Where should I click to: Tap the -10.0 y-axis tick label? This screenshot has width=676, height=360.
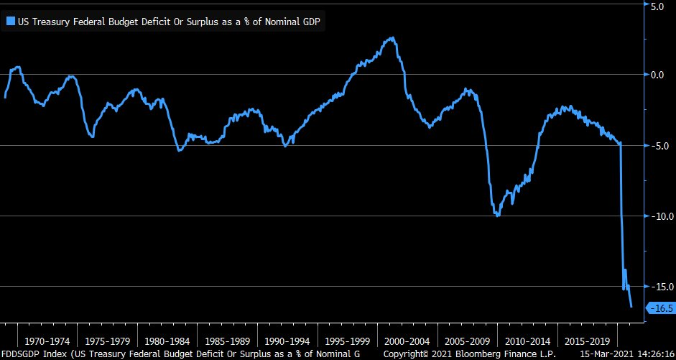pyautogui.click(x=657, y=216)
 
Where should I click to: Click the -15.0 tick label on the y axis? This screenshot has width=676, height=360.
pyautogui.click(x=657, y=287)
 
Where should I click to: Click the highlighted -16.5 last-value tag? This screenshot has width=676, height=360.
pyautogui.click(x=661, y=308)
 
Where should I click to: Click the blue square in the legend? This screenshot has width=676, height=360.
pyautogui.click(x=10, y=22)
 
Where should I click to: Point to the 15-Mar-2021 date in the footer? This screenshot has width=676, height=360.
pyautogui.click(x=606, y=354)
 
